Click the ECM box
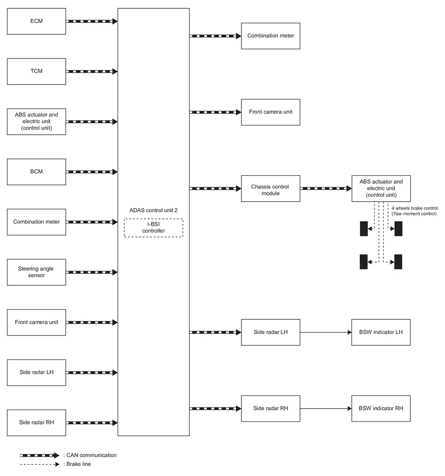pos(37,21)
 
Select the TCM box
pos(37,71)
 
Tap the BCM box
pos(37,172)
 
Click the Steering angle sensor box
pos(37,272)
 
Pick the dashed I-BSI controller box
pos(153,228)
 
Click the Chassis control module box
pos(271,188)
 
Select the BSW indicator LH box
pos(381,332)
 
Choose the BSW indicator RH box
pos(381,408)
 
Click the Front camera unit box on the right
pos(271,112)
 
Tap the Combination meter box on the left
pos(37,222)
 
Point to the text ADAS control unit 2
pos(153,210)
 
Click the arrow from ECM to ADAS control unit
pos(92,21)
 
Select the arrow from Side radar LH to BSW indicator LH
pos(326,332)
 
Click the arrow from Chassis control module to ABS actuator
pos(326,188)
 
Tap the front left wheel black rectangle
pos(363,229)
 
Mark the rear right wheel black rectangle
pos(398,262)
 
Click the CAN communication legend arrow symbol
pos(40,455)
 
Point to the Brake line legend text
pos(77,464)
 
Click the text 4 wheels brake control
pos(414,208)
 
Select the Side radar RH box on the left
pos(37,423)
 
